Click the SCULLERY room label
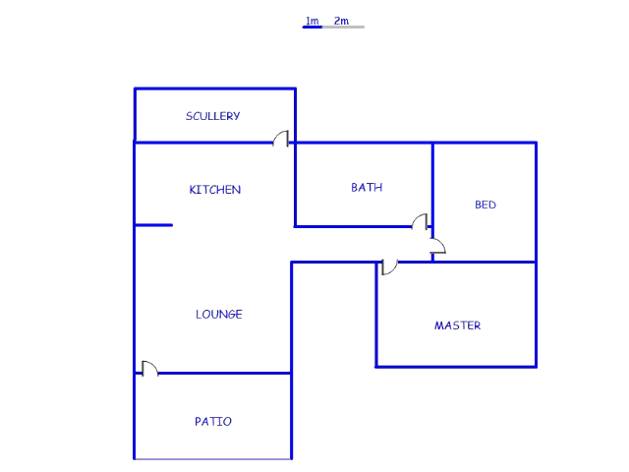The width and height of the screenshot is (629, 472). [x=212, y=116]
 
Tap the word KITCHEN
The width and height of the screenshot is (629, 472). [x=215, y=190]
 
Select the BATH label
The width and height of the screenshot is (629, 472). [x=367, y=188]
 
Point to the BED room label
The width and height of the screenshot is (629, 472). [x=486, y=205]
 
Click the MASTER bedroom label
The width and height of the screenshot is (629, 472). [x=457, y=325]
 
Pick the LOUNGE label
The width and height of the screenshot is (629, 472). [x=219, y=314]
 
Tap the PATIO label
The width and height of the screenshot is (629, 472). [x=213, y=422]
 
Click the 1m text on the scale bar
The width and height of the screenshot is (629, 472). [x=313, y=21]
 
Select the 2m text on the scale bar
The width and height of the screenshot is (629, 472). [x=341, y=21]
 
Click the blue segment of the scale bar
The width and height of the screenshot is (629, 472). [x=313, y=27]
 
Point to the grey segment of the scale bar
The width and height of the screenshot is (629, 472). [x=343, y=27]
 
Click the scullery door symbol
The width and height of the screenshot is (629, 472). [x=281, y=139]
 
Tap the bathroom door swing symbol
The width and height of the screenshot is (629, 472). [x=420, y=222]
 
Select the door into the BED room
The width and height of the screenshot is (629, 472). [x=438, y=246]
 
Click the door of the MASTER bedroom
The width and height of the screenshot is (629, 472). [x=389, y=267]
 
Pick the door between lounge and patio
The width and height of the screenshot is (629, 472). [x=150, y=369]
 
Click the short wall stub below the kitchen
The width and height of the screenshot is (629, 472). [x=154, y=225]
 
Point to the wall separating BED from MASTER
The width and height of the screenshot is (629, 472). [x=485, y=263]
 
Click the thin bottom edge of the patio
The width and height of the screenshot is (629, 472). [x=213, y=459]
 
